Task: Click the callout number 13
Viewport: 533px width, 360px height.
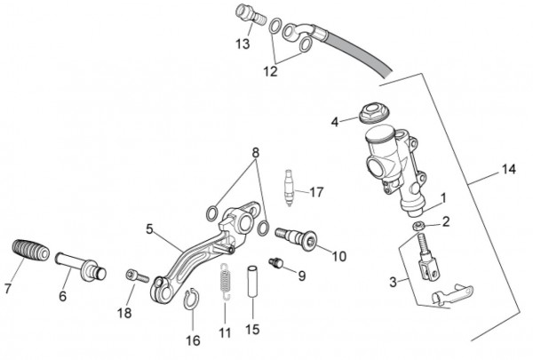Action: pyautogui.click(x=243, y=44)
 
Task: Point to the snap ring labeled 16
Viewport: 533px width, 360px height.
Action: pyautogui.click(x=192, y=299)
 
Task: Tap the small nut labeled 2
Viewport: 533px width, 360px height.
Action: pyautogui.click(x=418, y=226)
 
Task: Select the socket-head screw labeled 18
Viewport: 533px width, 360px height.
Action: pyautogui.click(x=138, y=276)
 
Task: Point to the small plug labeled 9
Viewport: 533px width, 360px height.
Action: pyautogui.click(x=275, y=262)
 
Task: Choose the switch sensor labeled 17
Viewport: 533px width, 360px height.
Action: pyautogui.click(x=289, y=188)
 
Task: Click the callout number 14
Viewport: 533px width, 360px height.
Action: pyautogui.click(x=509, y=169)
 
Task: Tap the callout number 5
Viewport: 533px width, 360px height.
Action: pyautogui.click(x=149, y=229)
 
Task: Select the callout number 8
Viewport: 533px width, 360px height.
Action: pyautogui.click(x=256, y=153)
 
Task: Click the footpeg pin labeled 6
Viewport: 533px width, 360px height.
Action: pyautogui.click(x=81, y=267)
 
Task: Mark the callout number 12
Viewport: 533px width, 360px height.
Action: pyautogui.click(x=270, y=71)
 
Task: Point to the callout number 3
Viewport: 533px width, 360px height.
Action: pyautogui.click(x=393, y=282)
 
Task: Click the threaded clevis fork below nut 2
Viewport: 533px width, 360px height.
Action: pyautogui.click(x=428, y=259)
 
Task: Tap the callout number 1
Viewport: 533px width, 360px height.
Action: pyautogui.click(x=443, y=197)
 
